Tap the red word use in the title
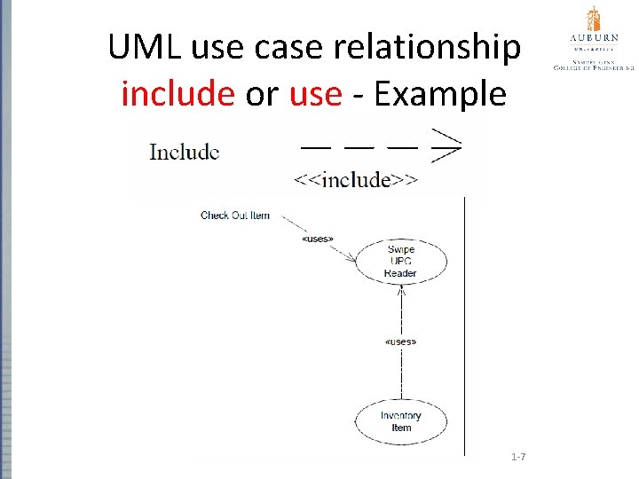(x=315, y=93)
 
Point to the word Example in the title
(x=440, y=93)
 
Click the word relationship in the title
(x=431, y=48)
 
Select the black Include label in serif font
(x=185, y=152)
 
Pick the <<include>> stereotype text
(x=356, y=180)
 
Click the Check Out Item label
(x=235, y=216)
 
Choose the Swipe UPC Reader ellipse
(x=401, y=262)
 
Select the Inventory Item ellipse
(x=401, y=421)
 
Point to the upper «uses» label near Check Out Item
(x=318, y=239)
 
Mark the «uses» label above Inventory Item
(x=401, y=342)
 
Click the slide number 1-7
(x=518, y=457)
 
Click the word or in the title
(x=262, y=93)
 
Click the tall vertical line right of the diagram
(x=464, y=328)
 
